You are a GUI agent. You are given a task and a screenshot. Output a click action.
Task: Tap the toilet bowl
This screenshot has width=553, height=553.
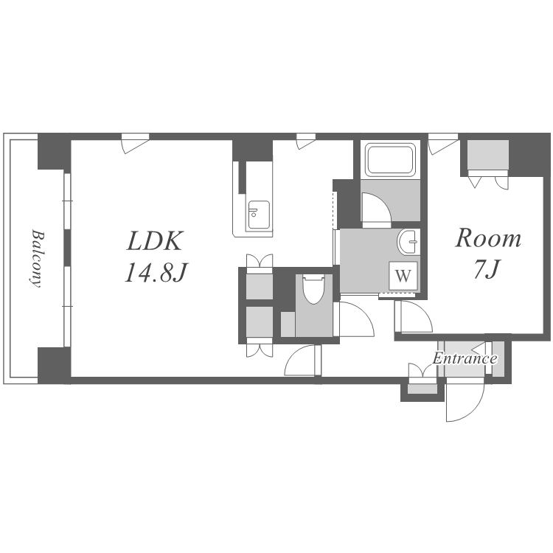(x=313, y=290)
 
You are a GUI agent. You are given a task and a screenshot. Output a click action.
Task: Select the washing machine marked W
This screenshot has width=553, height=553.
(x=403, y=276)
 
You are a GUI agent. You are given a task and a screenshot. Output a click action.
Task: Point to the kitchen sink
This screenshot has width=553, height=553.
(x=260, y=215)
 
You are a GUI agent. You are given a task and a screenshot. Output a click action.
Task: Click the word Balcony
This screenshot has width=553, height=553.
(x=36, y=259)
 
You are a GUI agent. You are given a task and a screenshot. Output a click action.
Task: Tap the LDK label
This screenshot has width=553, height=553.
(x=155, y=241)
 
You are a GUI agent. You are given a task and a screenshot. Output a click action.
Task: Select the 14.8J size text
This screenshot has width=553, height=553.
(x=155, y=272)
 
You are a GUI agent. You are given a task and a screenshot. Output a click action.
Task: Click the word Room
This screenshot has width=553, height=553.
(x=488, y=238)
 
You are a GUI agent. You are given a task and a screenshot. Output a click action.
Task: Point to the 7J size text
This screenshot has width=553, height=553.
(x=487, y=270)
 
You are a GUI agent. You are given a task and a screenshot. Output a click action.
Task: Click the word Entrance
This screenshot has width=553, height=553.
(x=465, y=358)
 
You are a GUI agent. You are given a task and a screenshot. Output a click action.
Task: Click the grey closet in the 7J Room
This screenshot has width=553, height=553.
(x=488, y=155)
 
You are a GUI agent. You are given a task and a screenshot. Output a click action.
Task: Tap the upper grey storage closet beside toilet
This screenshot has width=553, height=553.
(x=260, y=287)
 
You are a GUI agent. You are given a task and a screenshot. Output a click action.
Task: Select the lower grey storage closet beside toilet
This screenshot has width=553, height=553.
(x=260, y=321)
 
